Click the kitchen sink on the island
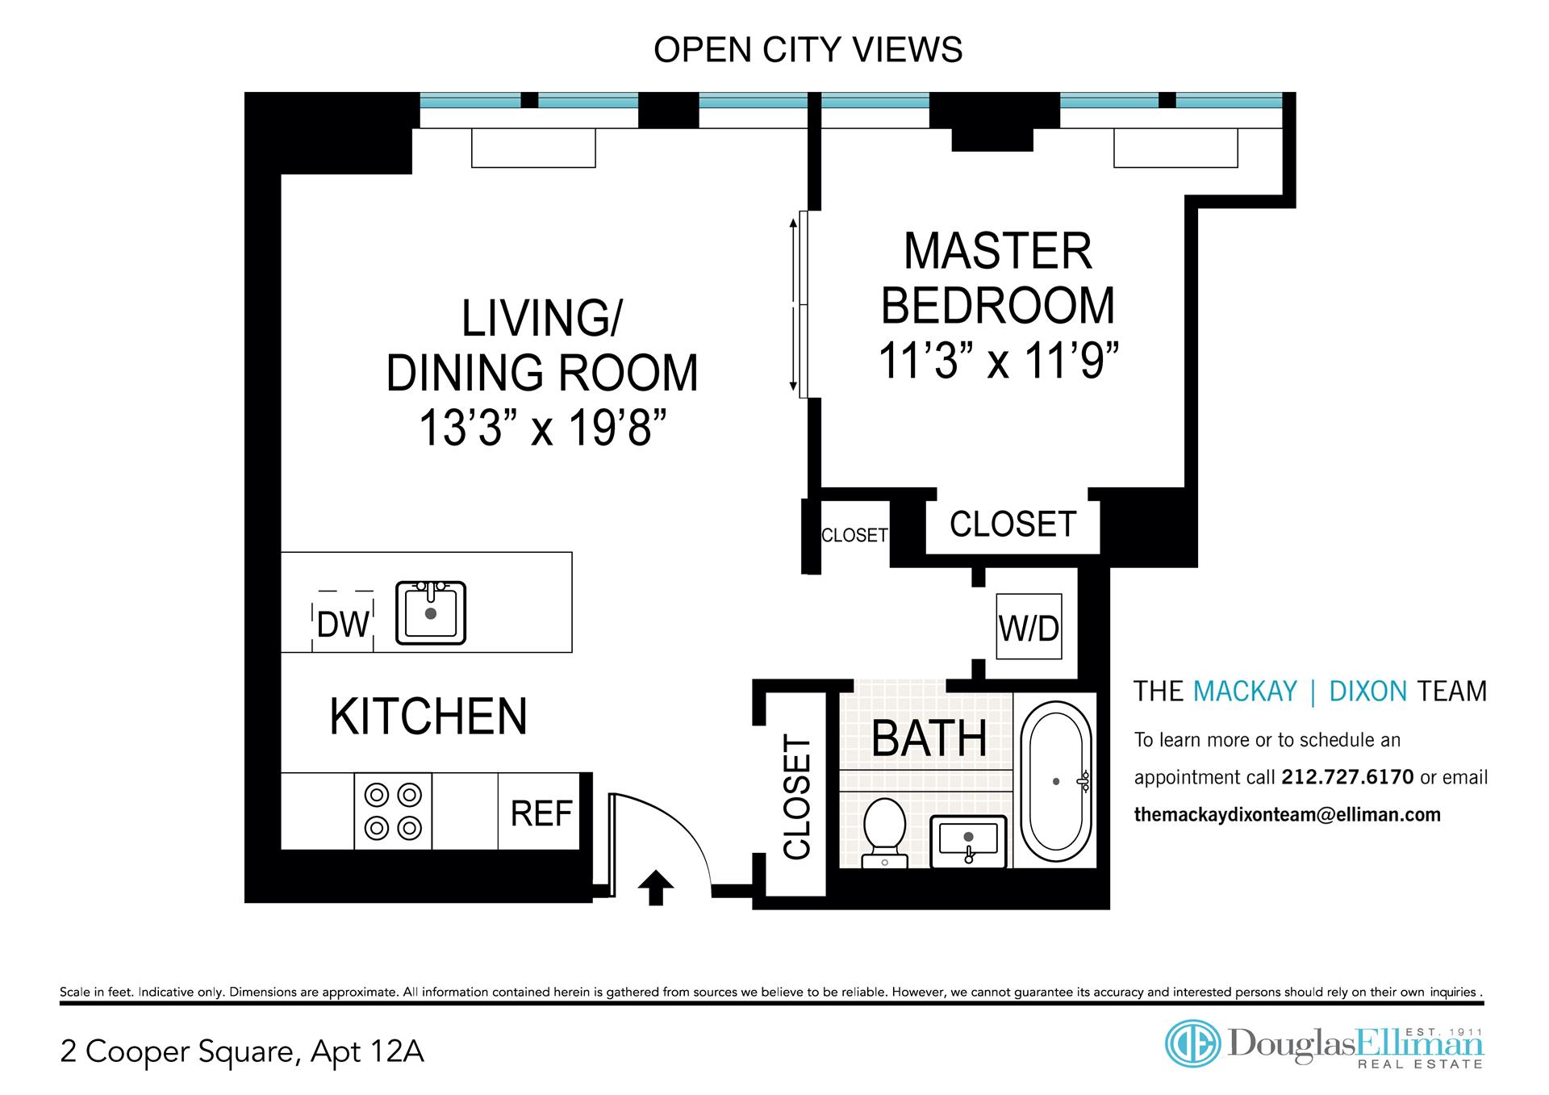[x=431, y=612]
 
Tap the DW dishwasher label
[x=343, y=625]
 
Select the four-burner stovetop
[x=393, y=811]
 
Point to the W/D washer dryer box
[x=1029, y=627]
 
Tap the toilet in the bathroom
[x=884, y=833]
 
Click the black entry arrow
[x=655, y=888]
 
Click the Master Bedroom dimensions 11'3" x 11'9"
[x=999, y=361]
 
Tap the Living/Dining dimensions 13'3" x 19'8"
[x=542, y=428]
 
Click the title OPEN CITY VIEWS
[x=808, y=50]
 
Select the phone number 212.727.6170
[x=1347, y=777]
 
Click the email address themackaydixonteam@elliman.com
[x=1288, y=815]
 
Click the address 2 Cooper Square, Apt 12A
[x=242, y=1052]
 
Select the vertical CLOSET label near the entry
[x=796, y=797]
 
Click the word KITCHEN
[x=428, y=716]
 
